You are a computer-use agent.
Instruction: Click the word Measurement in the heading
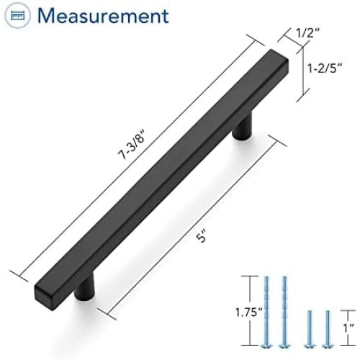pos(103,16)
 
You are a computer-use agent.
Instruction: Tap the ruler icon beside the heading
pos(18,16)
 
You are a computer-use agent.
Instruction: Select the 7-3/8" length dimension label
pos(132,145)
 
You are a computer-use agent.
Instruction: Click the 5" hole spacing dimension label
pos(201,236)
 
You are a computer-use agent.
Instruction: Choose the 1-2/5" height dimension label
pos(325,68)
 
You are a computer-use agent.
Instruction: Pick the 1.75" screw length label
pos(248,312)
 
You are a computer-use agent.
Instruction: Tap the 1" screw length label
pos(349,328)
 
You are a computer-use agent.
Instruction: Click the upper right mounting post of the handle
pos(243,127)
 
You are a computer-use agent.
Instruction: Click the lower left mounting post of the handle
pos(84,288)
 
